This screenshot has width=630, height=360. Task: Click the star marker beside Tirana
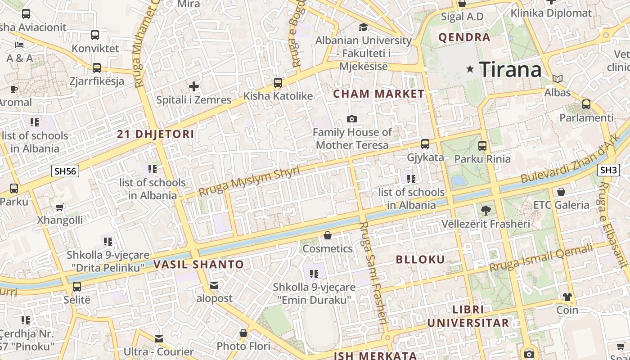click(x=470, y=69)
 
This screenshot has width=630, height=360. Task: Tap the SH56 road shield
click(x=65, y=171)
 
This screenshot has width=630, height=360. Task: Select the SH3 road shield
click(x=609, y=170)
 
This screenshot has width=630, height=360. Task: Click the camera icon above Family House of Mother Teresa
click(x=352, y=119)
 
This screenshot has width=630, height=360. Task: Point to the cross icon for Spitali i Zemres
click(x=194, y=86)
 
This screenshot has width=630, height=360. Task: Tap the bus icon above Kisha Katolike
click(x=278, y=83)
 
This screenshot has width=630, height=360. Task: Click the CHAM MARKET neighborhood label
click(x=378, y=94)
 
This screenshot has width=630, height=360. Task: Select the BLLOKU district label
click(x=420, y=259)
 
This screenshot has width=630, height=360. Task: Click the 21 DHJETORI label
click(x=156, y=134)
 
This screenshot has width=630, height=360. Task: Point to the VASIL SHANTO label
click(x=198, y=265)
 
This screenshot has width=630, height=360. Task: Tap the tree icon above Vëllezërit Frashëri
click(x=486, y=210)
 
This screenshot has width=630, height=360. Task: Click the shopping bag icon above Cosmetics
click(x=328, y=235)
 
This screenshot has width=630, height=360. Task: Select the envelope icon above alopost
click(x=214, y=285)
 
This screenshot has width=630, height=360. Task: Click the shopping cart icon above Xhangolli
click(x=60, y=207)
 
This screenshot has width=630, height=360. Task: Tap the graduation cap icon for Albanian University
click(x=363, y=27)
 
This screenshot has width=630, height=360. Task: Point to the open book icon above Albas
click(x=558, y=79)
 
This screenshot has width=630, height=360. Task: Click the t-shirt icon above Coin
click(x=567, y=297)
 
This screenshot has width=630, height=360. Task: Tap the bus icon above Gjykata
click(x=425, y=144)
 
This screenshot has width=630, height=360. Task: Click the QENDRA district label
click(x=464, y=37)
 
